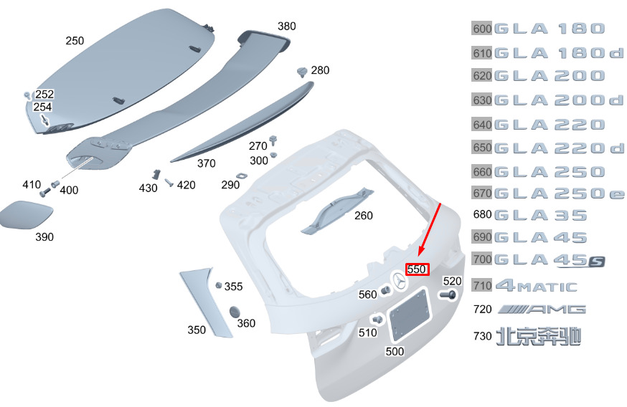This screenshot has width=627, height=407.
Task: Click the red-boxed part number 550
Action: (417, 269)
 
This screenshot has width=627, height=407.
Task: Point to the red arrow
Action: (430, 229)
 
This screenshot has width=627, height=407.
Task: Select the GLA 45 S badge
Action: (550, 261)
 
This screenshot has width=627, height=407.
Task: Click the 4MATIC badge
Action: (536, 286)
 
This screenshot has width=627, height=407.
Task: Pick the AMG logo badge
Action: (542, 309)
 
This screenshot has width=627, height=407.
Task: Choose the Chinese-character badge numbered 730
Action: (538, 336)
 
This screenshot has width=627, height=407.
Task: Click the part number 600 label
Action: (482, 29)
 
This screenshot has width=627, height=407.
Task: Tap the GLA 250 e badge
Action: (559, 193)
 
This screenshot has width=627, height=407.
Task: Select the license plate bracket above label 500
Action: (410, 315)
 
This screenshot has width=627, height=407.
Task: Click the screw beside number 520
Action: (448, 295)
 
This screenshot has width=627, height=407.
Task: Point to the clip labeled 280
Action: (302, 72)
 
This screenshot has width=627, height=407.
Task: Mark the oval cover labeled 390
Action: (26, 214)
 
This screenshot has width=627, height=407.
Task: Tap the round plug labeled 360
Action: (235, 312)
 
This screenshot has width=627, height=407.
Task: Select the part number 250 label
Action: (75, 41)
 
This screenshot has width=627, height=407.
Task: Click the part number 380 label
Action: (287, 27)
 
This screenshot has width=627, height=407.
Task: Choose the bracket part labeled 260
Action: (336, 210)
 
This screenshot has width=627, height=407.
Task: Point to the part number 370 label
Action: (207, 163)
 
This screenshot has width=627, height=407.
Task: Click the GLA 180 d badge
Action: (559, 53)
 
